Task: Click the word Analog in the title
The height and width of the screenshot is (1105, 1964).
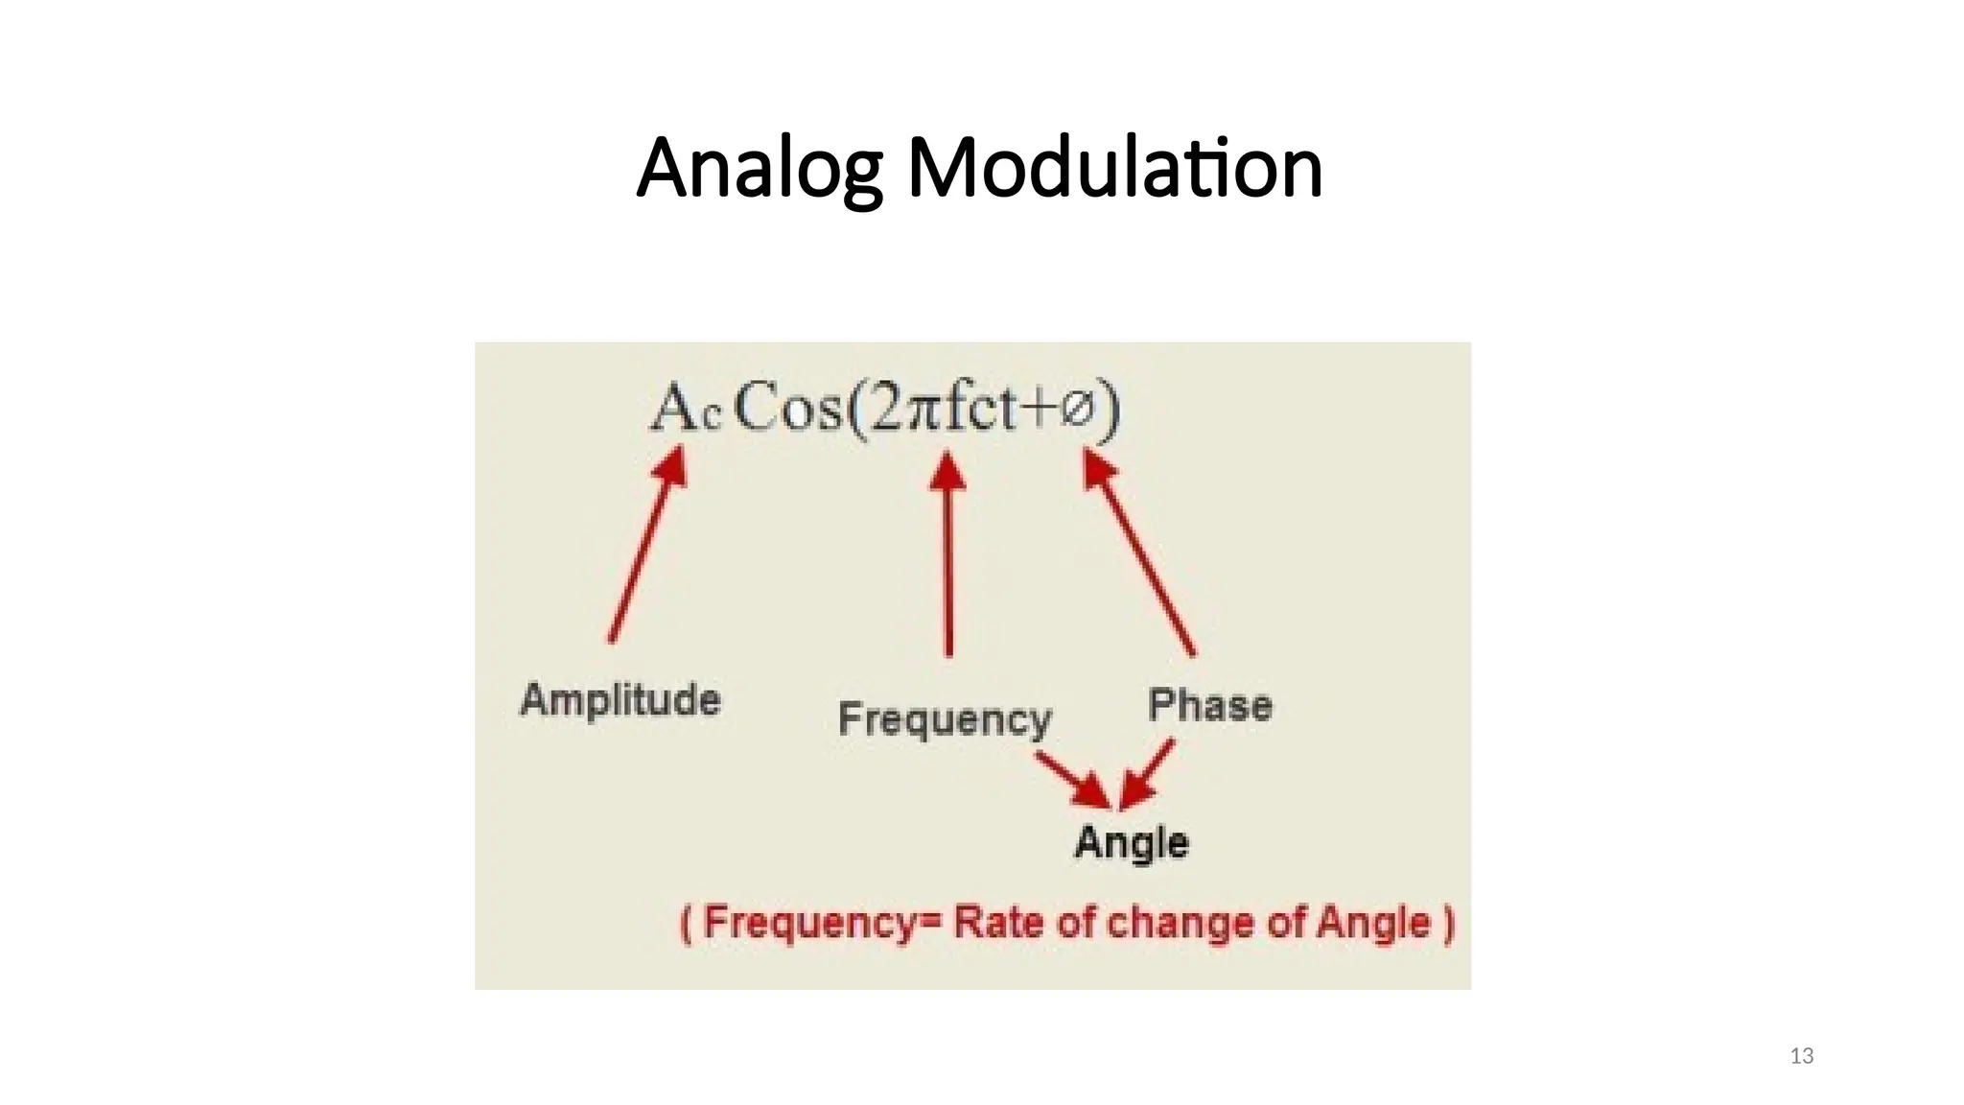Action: pyautogui.click(x=758, y=169)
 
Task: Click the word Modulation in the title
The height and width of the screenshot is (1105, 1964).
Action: pyautogui.click(x=1114, y=169)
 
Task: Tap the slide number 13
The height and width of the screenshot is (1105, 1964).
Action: pyautogui.click(x=1801, y=1056)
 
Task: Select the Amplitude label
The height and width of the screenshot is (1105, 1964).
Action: pyautogui.click(x=620, y=699)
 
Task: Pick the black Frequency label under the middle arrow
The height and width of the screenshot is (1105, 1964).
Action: pyautogui.click(x=945, y=719)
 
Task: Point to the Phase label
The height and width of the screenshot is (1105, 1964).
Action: pyautogui.click(x=1210, y=705)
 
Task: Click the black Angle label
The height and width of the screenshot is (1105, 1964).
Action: pyautogui.click(x=1132, y=842)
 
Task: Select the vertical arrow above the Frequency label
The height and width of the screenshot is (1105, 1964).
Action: pyautogui.click(x=948, y=556)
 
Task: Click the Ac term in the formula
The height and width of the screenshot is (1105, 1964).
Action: pyautogui.click(x=684, y=410)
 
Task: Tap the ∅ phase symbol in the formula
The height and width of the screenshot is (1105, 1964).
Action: pyautogui.click(x=1078, y=410)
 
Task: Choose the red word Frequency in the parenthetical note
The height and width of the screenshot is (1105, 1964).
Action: pyautogui.click(x=811, y=923)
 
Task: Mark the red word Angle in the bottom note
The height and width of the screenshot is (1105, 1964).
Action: pyautogui.click(x=1372, y=923)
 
